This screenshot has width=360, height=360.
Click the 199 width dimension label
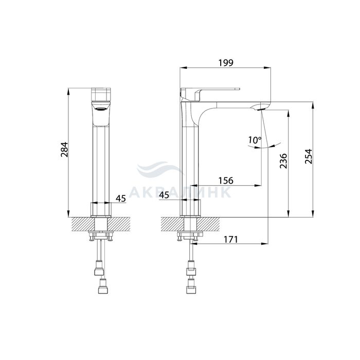(225, 62)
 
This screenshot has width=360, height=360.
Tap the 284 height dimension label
(64, 150)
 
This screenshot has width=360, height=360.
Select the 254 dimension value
(309, 156)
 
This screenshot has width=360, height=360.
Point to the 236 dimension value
(283, 161)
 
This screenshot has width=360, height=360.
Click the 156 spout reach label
(225, 181)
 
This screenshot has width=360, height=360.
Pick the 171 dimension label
(230, 240)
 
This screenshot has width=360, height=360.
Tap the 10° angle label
(255, 140)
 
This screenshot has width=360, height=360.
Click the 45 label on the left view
(121, 199)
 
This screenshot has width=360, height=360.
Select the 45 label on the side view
(164, 195)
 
